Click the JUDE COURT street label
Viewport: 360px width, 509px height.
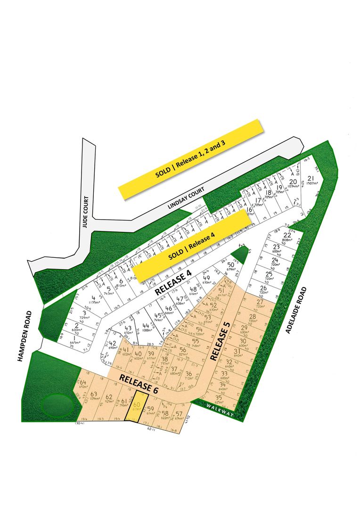click(85, 212)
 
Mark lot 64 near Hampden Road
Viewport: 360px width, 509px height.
click(83, 383)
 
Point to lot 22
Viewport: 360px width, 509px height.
click(287, 236)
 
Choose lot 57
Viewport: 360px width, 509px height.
click(179, 414)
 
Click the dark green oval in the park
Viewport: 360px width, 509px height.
click(56, 404)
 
